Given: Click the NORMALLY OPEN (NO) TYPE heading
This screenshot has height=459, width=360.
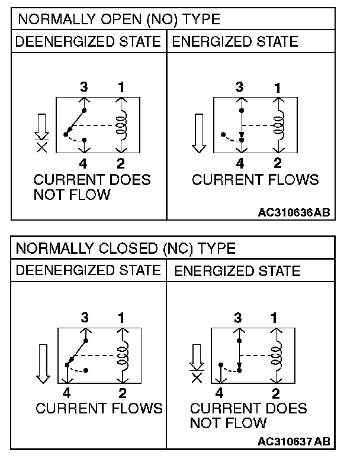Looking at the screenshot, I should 118,19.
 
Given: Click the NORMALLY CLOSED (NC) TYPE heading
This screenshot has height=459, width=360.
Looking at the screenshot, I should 125,248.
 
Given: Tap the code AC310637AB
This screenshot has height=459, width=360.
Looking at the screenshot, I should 294,441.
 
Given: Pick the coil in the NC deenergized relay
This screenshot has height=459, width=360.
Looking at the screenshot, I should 123,355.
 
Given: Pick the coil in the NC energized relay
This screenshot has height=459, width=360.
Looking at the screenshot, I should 276,355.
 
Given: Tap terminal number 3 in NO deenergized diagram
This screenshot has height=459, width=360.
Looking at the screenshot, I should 84,88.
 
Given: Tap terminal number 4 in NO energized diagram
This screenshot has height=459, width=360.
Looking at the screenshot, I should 240,164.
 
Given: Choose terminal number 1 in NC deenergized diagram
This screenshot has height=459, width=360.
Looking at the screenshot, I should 121,318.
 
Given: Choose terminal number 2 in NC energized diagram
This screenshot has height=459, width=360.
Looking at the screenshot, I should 276,392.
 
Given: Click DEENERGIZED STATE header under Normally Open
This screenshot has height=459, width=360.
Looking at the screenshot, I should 88,41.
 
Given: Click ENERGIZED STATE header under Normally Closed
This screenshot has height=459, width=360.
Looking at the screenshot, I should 237,271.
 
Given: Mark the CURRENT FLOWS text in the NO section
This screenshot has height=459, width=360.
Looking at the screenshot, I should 255,179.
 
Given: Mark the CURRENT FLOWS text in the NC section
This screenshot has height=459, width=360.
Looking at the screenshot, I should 99,408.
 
